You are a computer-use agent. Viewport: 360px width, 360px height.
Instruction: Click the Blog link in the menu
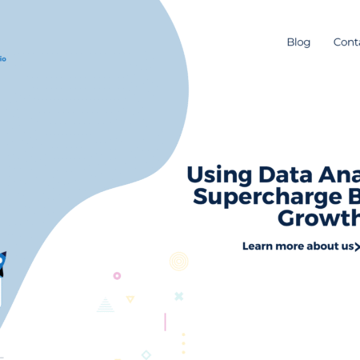(x=298, y=42)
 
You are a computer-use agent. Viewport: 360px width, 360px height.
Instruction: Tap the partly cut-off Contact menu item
(x=347, y=42)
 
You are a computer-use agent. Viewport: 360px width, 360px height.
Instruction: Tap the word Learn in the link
(x=260, y=246)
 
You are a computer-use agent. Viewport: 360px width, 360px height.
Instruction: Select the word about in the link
(x=326, y=246)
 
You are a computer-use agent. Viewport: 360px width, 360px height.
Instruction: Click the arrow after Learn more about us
(x=357, y=246)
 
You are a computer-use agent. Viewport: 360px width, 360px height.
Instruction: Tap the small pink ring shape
(x=117, y=275)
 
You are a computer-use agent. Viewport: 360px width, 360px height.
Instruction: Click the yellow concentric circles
(x=178, y=261)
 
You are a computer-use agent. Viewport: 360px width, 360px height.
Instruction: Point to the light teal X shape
(x=179, y=296)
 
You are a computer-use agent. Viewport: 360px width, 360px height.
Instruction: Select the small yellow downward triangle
(x=130, y=299)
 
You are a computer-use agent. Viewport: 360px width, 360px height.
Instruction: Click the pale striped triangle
(x=105, y=305)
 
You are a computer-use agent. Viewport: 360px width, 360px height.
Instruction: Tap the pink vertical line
(x=165, y=322)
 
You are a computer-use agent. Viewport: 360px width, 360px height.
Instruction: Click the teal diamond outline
(x=146, y=354)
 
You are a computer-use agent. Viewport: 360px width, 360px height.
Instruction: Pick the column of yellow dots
(x=183, y=342)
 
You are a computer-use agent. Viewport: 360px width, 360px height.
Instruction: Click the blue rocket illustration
(x=2, y=263)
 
